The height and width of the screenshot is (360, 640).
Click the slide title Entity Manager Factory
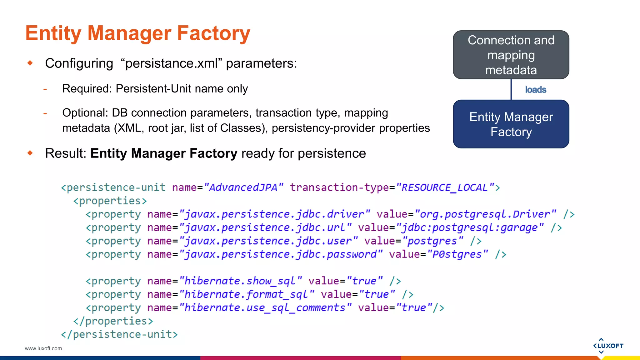[138, 33]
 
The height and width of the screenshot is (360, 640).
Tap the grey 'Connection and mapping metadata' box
[511, 55]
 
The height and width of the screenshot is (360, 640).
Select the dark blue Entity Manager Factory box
[511, 124]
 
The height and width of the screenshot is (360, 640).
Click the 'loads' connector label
[536, 90]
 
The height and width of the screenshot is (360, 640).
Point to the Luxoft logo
[608, 346]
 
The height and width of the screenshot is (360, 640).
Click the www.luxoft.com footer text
[43, 348]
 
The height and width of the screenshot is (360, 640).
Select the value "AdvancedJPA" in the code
[243, 187]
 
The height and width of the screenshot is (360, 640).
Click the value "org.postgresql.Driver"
[485, 214]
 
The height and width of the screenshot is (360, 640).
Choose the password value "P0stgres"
[457, 254]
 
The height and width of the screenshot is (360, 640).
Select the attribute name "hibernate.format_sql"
[246, 294]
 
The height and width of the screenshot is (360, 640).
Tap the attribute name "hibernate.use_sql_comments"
[265, 308]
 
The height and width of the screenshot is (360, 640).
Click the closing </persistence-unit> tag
[119, 335]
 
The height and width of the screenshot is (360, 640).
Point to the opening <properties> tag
[110, 201]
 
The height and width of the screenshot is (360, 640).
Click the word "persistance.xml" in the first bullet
[171, 63]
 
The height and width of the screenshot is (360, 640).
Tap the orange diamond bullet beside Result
[30, 153]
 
